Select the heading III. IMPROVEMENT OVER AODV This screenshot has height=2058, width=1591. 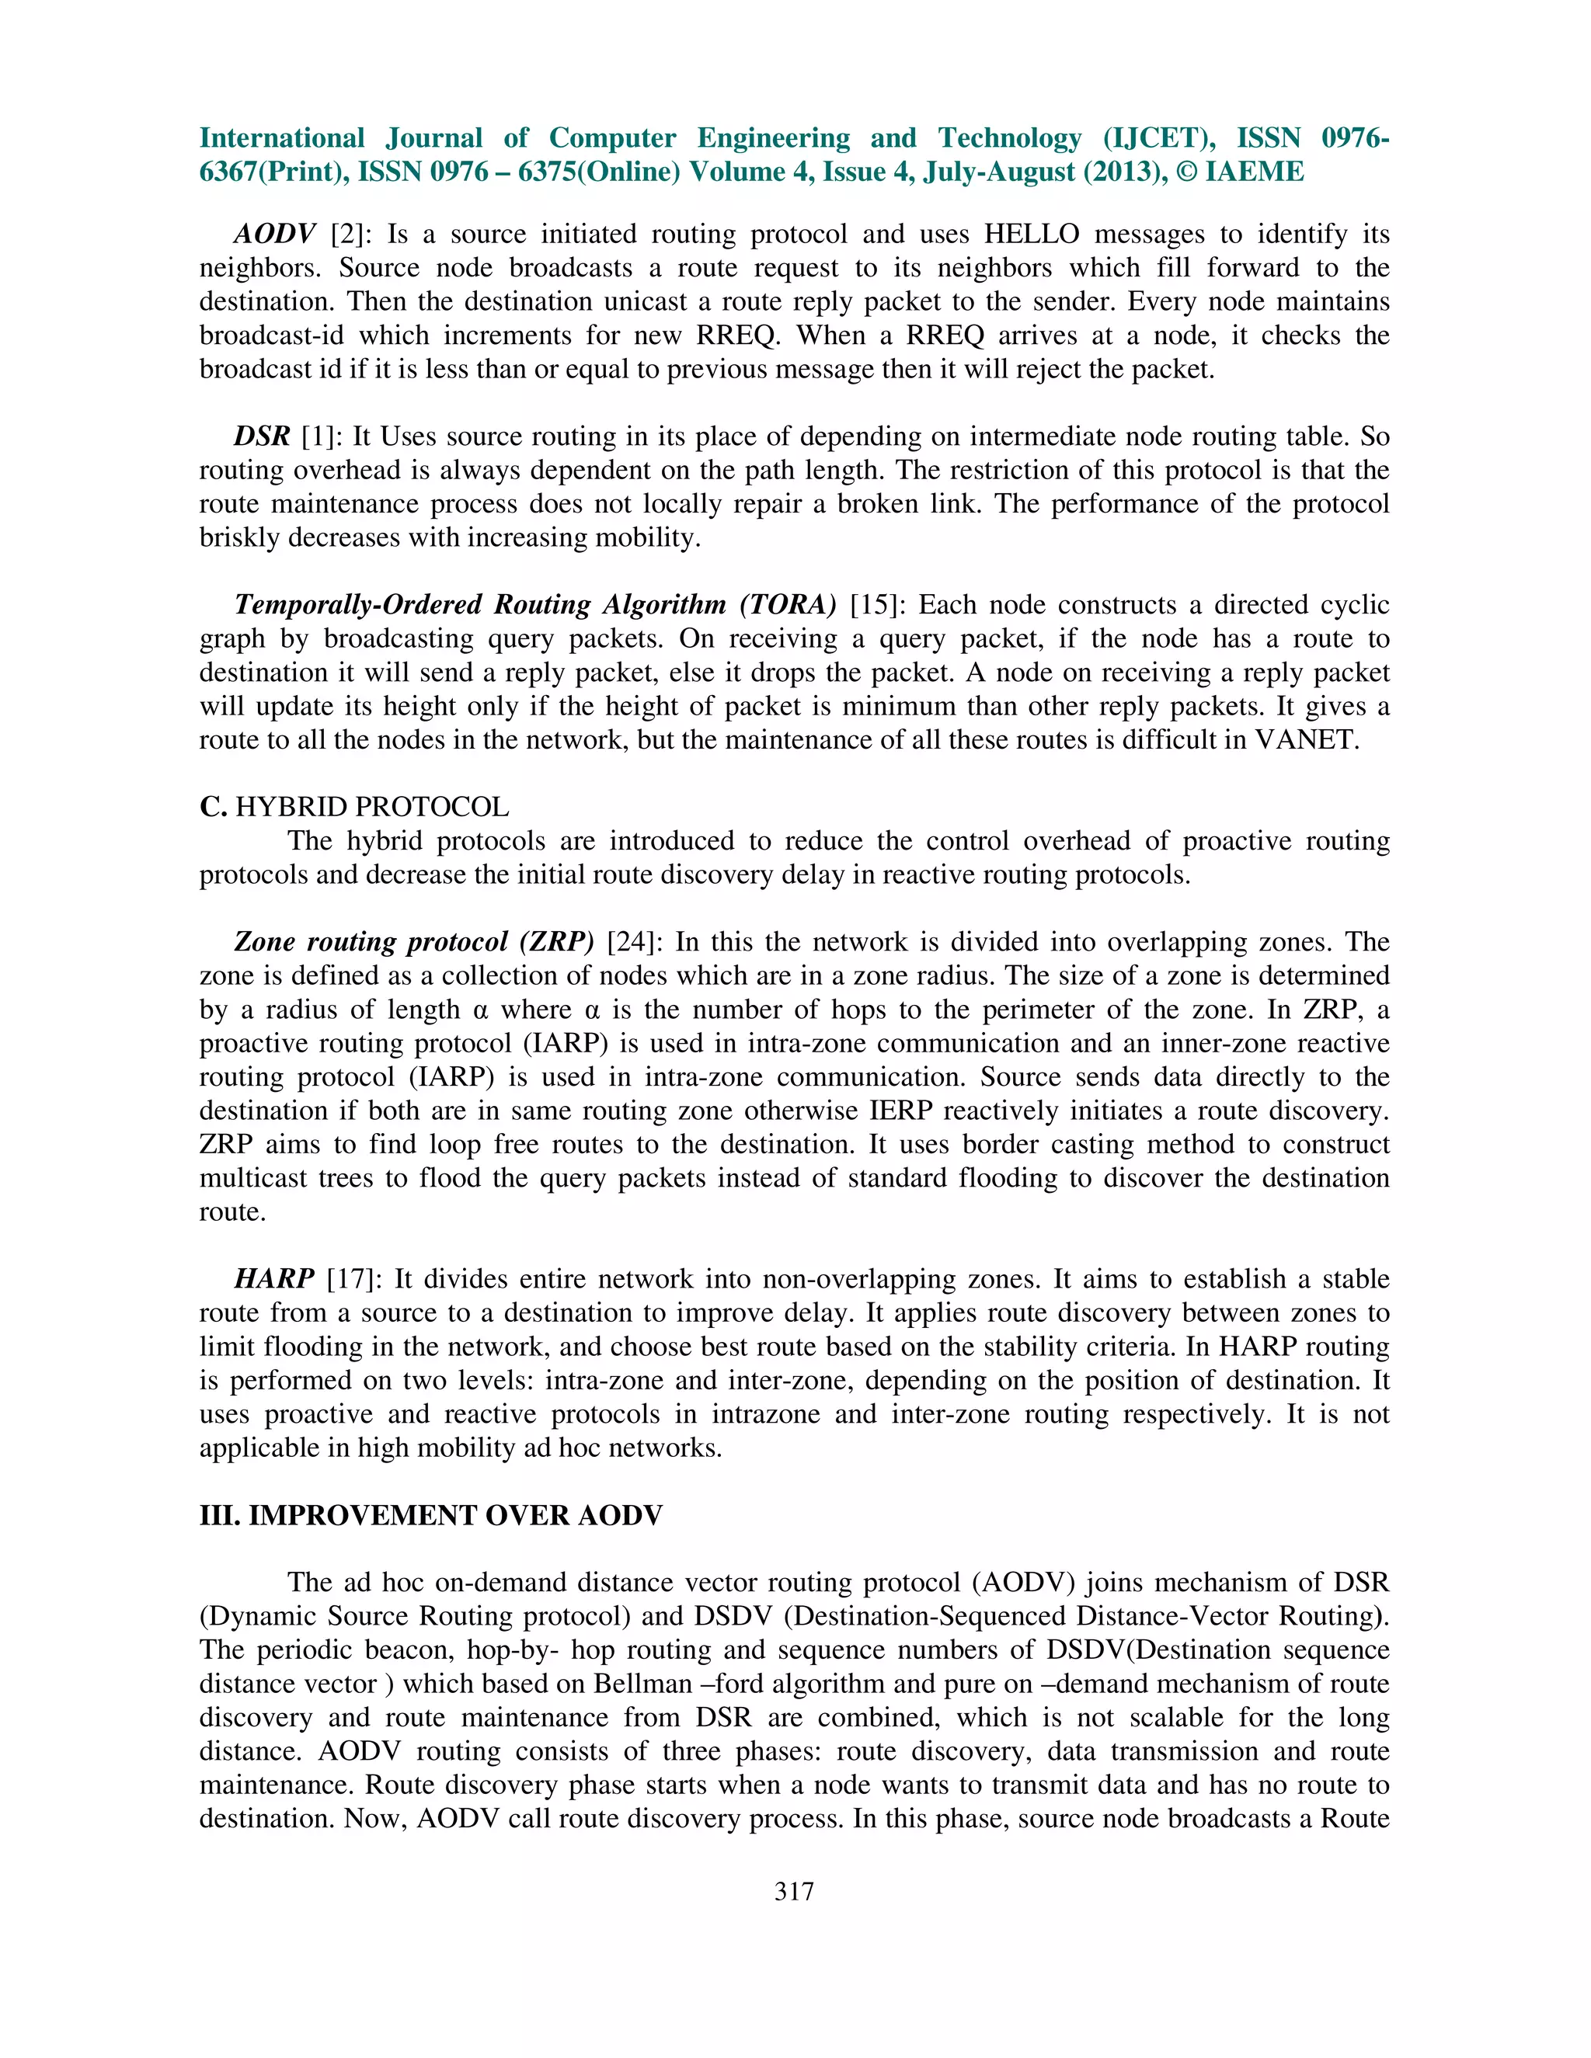[430, 1515]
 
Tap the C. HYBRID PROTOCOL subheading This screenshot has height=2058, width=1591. [353, 807]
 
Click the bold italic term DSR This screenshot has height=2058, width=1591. [262, 436]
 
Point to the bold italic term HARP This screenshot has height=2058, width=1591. [273, 1279]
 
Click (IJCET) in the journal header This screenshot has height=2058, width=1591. [1158, 138]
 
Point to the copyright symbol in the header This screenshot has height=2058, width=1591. [1188, 172]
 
